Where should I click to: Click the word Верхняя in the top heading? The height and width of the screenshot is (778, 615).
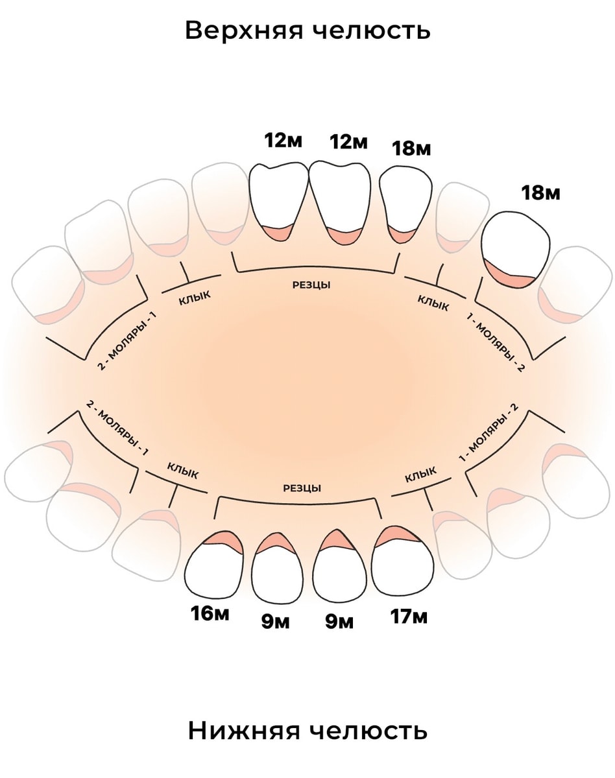click(244, 30)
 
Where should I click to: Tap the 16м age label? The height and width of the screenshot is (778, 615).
click(210, 613)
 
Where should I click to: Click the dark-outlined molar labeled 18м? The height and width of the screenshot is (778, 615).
click(516, 250)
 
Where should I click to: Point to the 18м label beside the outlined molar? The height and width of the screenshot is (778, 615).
click(540, 193)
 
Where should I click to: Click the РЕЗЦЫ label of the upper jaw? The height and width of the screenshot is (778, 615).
click(311, 285)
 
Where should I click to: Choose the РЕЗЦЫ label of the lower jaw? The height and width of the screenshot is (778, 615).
click(302, 488)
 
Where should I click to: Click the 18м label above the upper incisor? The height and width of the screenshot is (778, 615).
click(411, 148)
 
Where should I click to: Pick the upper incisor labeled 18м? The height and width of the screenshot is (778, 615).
click(405, 204)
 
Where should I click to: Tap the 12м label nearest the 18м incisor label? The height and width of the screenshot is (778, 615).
click(348, 141)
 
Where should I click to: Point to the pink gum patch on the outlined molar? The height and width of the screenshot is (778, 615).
click(508, 275)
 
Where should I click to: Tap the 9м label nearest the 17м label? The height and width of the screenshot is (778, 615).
click(339, 622)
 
